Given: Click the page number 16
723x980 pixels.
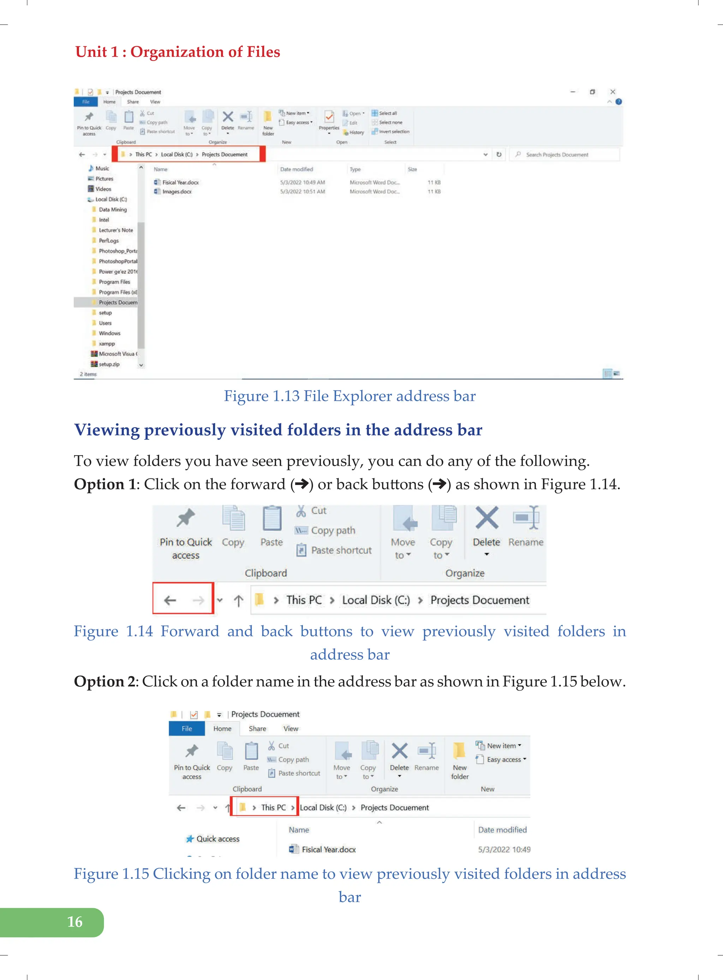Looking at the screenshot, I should [75, 921].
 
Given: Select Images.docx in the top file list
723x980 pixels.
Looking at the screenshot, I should [177, 192].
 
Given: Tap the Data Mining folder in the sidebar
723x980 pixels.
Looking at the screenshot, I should [113, 210].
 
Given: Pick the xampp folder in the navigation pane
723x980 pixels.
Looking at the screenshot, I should [106, 344].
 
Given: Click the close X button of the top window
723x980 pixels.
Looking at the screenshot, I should [613, 92].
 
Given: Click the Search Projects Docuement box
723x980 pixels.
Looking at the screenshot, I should [564, 155].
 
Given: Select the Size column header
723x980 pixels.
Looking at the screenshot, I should [412, 169].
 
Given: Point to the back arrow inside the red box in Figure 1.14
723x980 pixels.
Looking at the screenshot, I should [170, 600].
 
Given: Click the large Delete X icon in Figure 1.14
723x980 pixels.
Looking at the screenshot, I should [487, 518].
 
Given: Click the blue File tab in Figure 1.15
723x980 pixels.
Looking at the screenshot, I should [187, 728].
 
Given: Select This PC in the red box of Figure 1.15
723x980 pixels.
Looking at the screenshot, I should [273, 808].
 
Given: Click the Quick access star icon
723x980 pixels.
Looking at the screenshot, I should [190, 839].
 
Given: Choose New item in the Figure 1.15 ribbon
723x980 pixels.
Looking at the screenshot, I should [502, 746].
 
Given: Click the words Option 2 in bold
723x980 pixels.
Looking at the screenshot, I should [105, 681].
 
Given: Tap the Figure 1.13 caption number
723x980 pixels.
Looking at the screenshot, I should [286, 396].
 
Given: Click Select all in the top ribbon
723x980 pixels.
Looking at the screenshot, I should [387, 113].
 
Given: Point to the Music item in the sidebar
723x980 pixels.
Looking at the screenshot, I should [102, 168].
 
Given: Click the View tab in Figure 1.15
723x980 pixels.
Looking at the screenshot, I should [291, 728].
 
